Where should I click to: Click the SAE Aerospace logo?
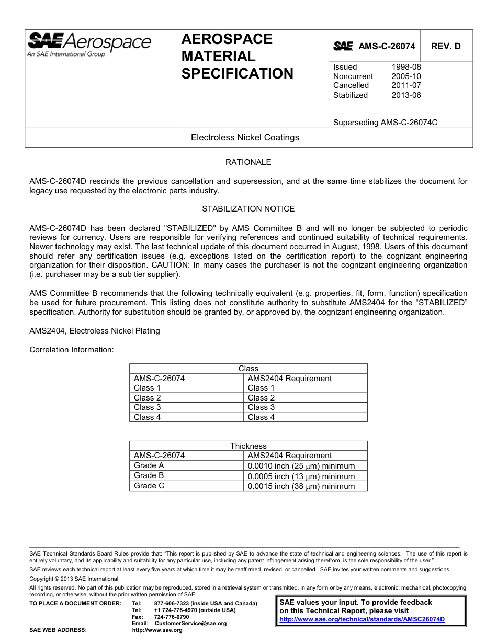point(89,44)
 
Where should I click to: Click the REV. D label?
point(446,46)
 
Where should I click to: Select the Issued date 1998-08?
point(406,67)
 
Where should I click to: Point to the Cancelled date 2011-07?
point(406,85)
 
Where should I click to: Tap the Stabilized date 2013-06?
point(406,95)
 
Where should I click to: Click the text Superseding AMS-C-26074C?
point(385,123)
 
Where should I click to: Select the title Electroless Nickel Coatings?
point(245,138)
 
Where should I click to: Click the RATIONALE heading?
point(248,162)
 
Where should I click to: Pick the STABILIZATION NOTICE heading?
point(248,209)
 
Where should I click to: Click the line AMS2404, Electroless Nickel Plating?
point(95,331)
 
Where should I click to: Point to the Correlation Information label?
point(72,350)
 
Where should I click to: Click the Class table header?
point(248,369)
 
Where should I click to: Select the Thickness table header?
point(248,446)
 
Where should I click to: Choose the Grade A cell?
point(149,465)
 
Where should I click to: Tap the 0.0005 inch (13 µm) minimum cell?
point(301,476)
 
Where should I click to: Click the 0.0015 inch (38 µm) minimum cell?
point(301,486)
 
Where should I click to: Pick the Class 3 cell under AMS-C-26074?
point(148,407)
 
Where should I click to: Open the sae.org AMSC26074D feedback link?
point(362,619)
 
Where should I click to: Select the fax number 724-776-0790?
point(172,617)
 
